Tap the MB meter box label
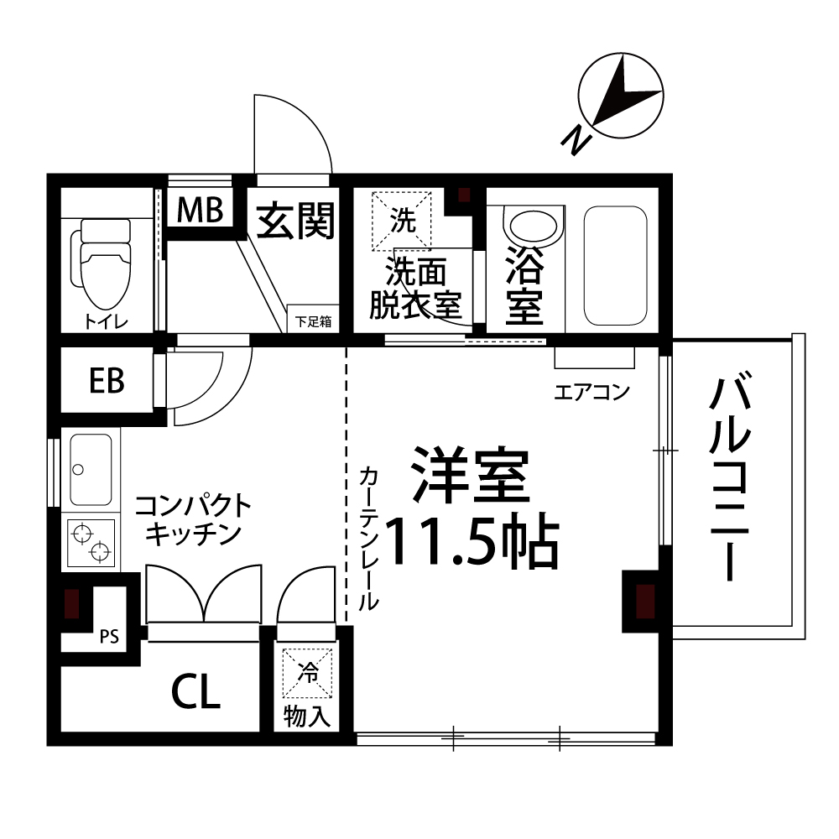click(x=200, y=211)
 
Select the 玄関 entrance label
click(x=294, y=221)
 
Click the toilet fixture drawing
click(x=104, y=263)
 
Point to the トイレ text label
click(x=105, y=320)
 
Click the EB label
click(x=107, y=381)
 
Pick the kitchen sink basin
click(x=91, y=470)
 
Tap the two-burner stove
click(x=91, y=542)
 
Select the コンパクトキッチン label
click(x=193, y=519)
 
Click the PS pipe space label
click(x=109, y=636)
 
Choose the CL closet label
click(x=195, y=692)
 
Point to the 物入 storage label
click(x=309, y=717)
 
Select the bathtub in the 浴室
click(x=615, y=264)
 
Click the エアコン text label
click(x=591, y=391)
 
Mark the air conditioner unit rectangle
click(x=594, y=357)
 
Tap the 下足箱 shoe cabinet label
click(x=313, y=320)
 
